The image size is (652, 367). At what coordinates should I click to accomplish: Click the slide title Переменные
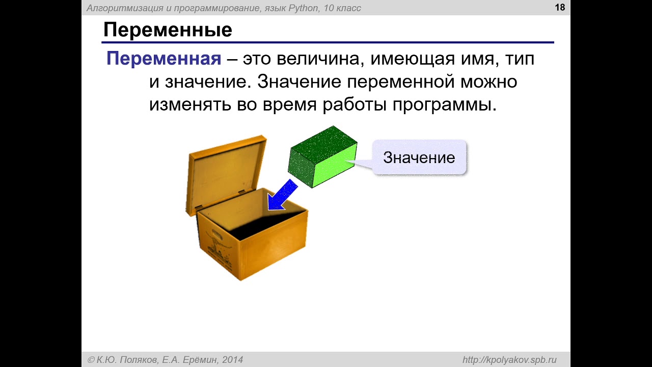pyautogui.click(x=168, y=30)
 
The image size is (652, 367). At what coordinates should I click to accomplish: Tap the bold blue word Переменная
pyautogui.click(x=164, y=58)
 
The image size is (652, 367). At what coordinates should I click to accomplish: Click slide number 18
pyautogui.click(x=560, y=7)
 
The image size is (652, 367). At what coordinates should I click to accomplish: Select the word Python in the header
pyautogui.click(x=303, y=8)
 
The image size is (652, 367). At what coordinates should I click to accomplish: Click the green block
pyautogui.click(x=322, y=156)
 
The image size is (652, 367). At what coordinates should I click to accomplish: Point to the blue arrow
pyautogui.click(x=283, y=195)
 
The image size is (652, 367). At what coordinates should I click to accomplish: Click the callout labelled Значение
pyautogui.click(x=419, y=158)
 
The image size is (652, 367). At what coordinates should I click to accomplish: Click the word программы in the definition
pyautogui.click(x=445, y=106)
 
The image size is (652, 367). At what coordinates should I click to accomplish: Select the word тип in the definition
pyautogui.click(x=520, y=59)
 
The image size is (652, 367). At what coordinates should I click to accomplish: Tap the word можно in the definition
pyautogui.click(x=488, y=82)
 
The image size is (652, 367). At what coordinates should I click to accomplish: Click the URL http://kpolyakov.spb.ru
pyautogui.click(x=509, y=360)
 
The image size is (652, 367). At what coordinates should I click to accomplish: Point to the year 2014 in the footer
pyautogui.click(x=232, y=360)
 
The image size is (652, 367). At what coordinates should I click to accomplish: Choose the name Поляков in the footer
pyautogui.click(x=139, y=360)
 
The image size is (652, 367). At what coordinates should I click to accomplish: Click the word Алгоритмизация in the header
pyautogui.click(x=125, y=8)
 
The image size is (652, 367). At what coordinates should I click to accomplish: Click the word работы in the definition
pyautogui.click(x=355, y=105)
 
